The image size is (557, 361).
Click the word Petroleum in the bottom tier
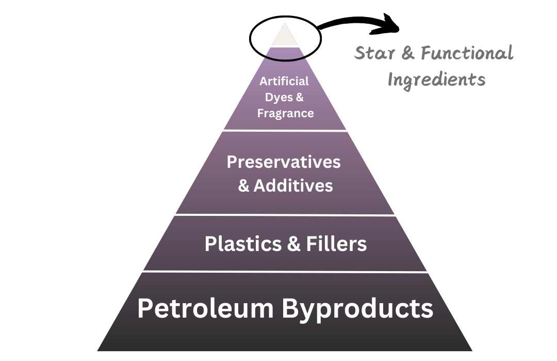coord(205,308)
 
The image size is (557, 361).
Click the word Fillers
coord(336,244)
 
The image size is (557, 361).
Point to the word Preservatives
coord(284,162)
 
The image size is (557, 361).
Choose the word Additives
coord(293,185)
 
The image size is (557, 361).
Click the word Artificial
coord(284,81)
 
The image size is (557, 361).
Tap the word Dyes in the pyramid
coord(278,97)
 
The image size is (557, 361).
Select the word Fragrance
coord(285,113)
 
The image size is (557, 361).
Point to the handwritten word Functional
coord(467,53)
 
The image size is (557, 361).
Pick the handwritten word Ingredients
coord(436,80)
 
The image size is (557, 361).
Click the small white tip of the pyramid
coord(285,37)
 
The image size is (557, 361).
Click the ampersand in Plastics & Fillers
coord(294,244)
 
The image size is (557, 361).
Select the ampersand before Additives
coord(244,186)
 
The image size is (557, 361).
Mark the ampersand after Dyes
coord(299,97)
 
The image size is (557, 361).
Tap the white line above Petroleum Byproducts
coord(285,271)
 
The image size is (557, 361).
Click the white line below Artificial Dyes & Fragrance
coord(285,131)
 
